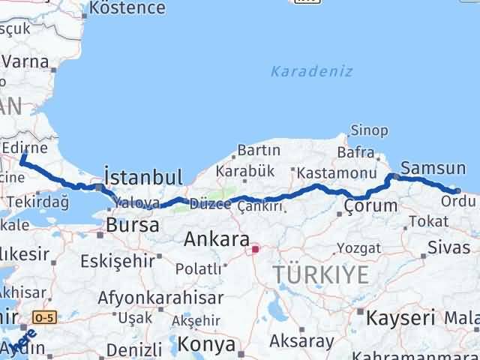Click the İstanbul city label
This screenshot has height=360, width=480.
pos(143,177)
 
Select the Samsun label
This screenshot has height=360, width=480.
pos(433,168)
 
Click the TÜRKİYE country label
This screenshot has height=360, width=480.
pos(322,275)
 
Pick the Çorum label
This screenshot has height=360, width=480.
pos(370,205)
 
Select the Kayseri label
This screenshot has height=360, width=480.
pos(400,317)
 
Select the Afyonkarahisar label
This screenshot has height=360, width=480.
pos(160,297)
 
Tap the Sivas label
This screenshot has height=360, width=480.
pos(448,245)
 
